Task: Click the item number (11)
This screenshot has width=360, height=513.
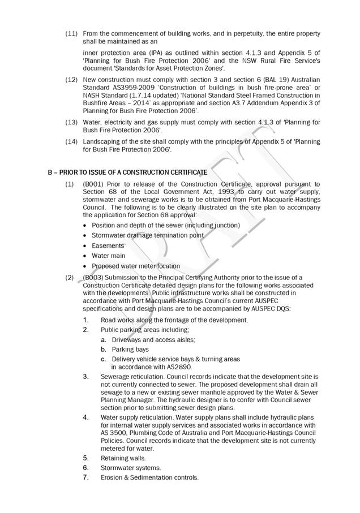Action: (x=71, y=34)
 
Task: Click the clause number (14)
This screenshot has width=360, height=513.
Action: (x=71, y=141)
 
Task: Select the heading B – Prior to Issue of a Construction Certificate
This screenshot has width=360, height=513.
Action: (x=127, y=171)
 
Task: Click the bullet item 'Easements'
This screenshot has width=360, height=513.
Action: (x=108, y=246)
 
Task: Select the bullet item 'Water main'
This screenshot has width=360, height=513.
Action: (x=109, y=256)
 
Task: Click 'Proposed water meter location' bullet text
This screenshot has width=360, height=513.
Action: (x=136, y=266)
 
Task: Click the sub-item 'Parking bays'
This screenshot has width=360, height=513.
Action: (x=130, y=350)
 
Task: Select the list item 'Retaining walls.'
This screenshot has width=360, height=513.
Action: (x=123, y=458)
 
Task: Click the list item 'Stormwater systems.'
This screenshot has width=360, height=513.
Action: (x=131, y=468)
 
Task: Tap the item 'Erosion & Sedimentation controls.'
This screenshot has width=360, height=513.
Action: (x=149, y=477)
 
